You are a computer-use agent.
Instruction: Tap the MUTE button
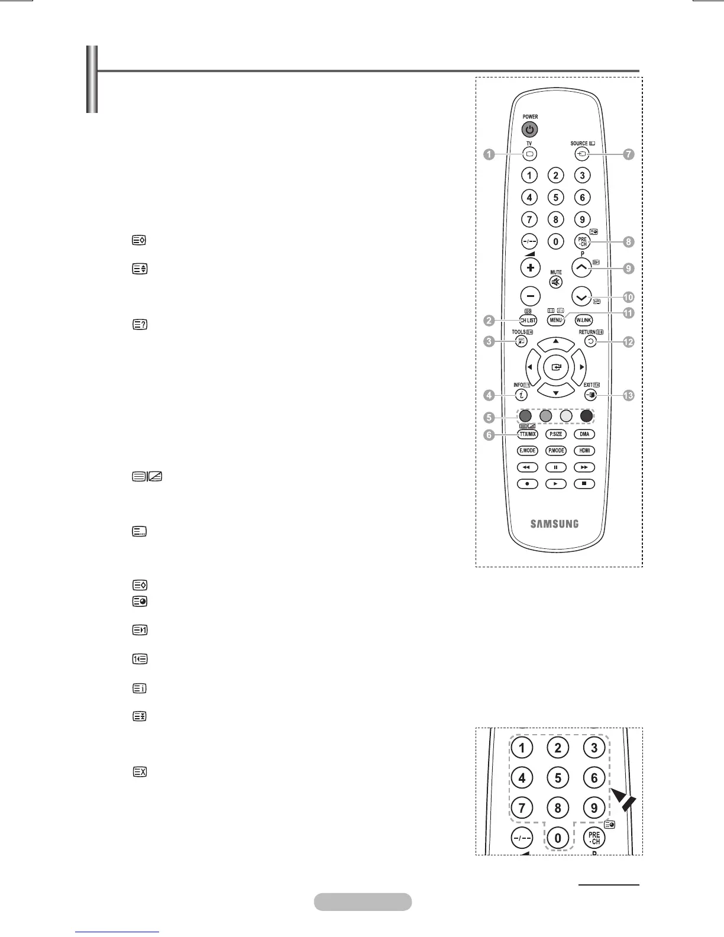[x=556, y=282]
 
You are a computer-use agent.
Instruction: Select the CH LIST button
[x=528, y=320]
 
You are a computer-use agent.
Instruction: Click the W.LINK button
[x=584, y=320]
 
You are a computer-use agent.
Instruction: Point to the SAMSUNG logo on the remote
[x=554, y=524]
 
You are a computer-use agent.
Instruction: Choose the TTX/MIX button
[x=528, y=434]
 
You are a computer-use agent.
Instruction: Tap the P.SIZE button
[x=556, y=434]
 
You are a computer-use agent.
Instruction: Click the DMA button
[x=584, y=434]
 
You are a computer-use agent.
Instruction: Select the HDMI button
[x=584, y=450]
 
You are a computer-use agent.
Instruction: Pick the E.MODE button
[x=528, y=450]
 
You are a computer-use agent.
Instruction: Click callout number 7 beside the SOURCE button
[x=628, y=154]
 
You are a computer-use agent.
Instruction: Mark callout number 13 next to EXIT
[x=628, y=396]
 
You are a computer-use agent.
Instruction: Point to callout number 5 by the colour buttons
[x=489, y=417]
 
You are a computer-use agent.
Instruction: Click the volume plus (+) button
[x=530, y=267]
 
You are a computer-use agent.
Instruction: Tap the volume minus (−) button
[x=530, y=296]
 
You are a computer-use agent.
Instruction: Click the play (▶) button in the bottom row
[x=556, y=483]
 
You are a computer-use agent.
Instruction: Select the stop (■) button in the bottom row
[x=584, y=483]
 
